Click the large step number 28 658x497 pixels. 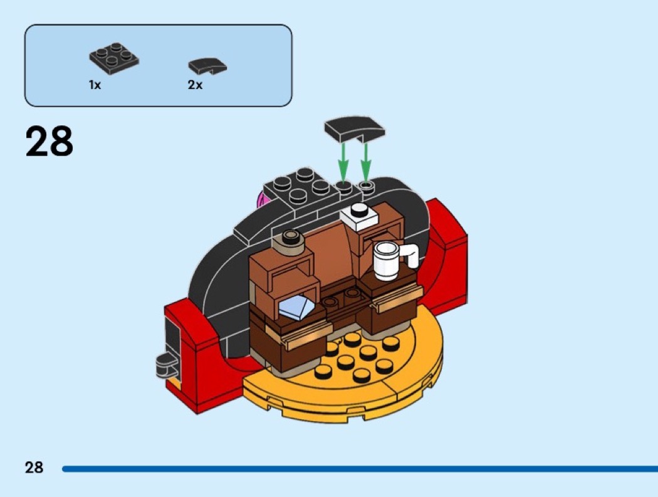(x=50, y=141)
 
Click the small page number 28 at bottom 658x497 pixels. (x=34, y=467)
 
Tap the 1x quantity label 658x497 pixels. (x=95, y=85)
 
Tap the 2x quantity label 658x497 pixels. (x=195, y=85)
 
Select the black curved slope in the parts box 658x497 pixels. (x=207, y=66)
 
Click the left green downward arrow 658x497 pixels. (x=343, y=162)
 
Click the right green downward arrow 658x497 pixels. (x=366, y=162)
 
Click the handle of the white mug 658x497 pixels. (x=410, y=256)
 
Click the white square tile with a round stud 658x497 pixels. (x=359, y=217)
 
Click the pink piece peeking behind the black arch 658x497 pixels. (x=262, y=199)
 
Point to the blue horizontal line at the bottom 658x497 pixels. (x=360, y=468)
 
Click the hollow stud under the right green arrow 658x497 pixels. (x=367, y=186)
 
